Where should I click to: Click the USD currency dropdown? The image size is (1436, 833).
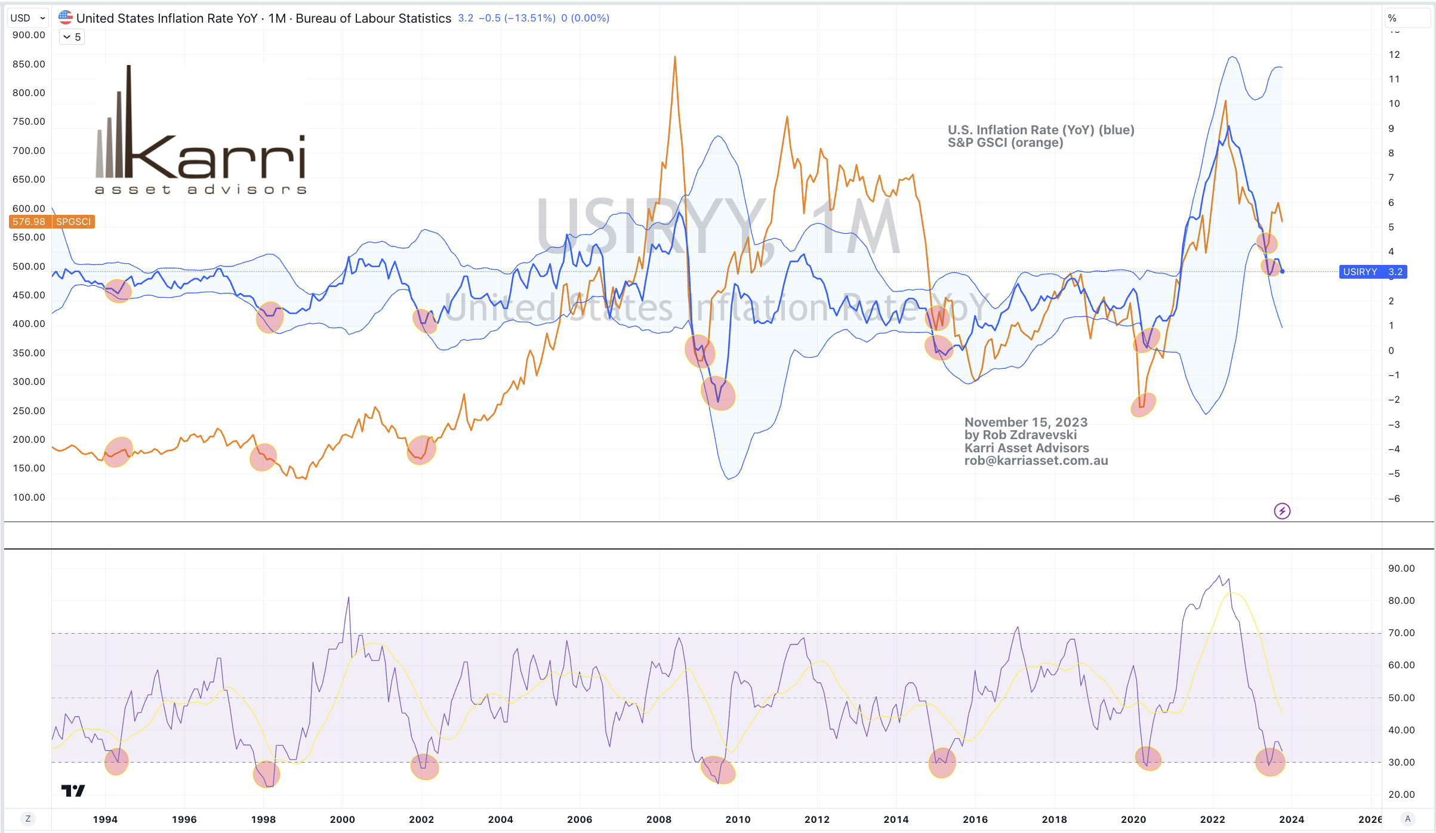[x=27, y=18]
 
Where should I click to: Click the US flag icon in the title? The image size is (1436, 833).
[x=66, y=17]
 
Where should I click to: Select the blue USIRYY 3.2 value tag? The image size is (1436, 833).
[x=1373, y=272]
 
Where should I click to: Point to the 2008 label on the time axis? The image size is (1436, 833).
[x=658, y=819]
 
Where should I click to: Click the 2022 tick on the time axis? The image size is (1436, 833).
[x=1212, y=819]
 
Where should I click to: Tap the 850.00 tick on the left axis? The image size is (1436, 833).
[x=29, y=64]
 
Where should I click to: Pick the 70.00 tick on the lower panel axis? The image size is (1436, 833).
[x=1401, y=633]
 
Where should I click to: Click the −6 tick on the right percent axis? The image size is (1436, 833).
[x=1394, y=498]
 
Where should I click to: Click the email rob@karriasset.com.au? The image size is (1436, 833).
[x=1036, y=461]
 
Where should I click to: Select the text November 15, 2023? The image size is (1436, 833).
[x=1026, y=422]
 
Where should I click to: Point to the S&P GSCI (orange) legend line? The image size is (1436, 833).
[x=1005, y=143]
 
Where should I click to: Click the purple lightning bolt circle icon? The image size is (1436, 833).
[x=1282, y=511]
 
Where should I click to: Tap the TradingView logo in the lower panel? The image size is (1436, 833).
[x=73, y=791]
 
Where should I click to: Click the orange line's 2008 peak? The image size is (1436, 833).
[x=675, y=57]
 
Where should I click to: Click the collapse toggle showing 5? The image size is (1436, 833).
[x=72, y=37]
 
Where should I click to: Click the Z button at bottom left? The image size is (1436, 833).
[x=27, y=819]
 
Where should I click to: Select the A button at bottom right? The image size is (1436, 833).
[x=1407, y=819]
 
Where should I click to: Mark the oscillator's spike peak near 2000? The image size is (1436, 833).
[x=349, y=597]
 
